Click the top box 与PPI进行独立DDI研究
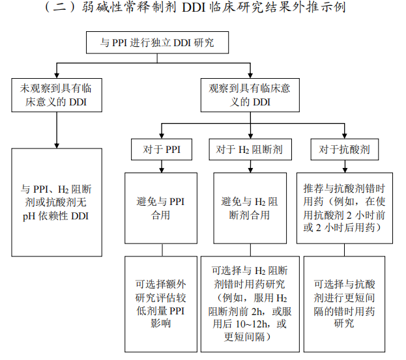(156, 44)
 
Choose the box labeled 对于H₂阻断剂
(249, 149)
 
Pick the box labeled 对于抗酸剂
(344, 149)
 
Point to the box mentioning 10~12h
(249, 303)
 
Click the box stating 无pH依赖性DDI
(57, 202)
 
